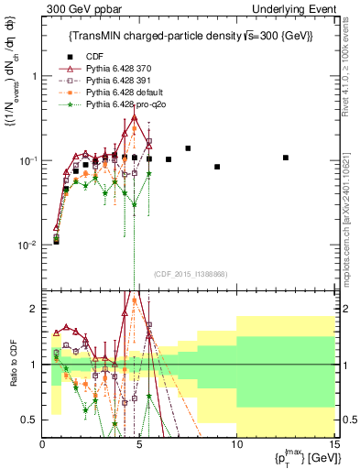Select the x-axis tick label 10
tap(235, 444)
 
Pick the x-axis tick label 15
tap(333, 444)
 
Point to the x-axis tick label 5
tap(139, 444)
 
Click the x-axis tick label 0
tap(43, 444)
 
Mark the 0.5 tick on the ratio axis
tap(33, 420)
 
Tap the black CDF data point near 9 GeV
tap(217, 167)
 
